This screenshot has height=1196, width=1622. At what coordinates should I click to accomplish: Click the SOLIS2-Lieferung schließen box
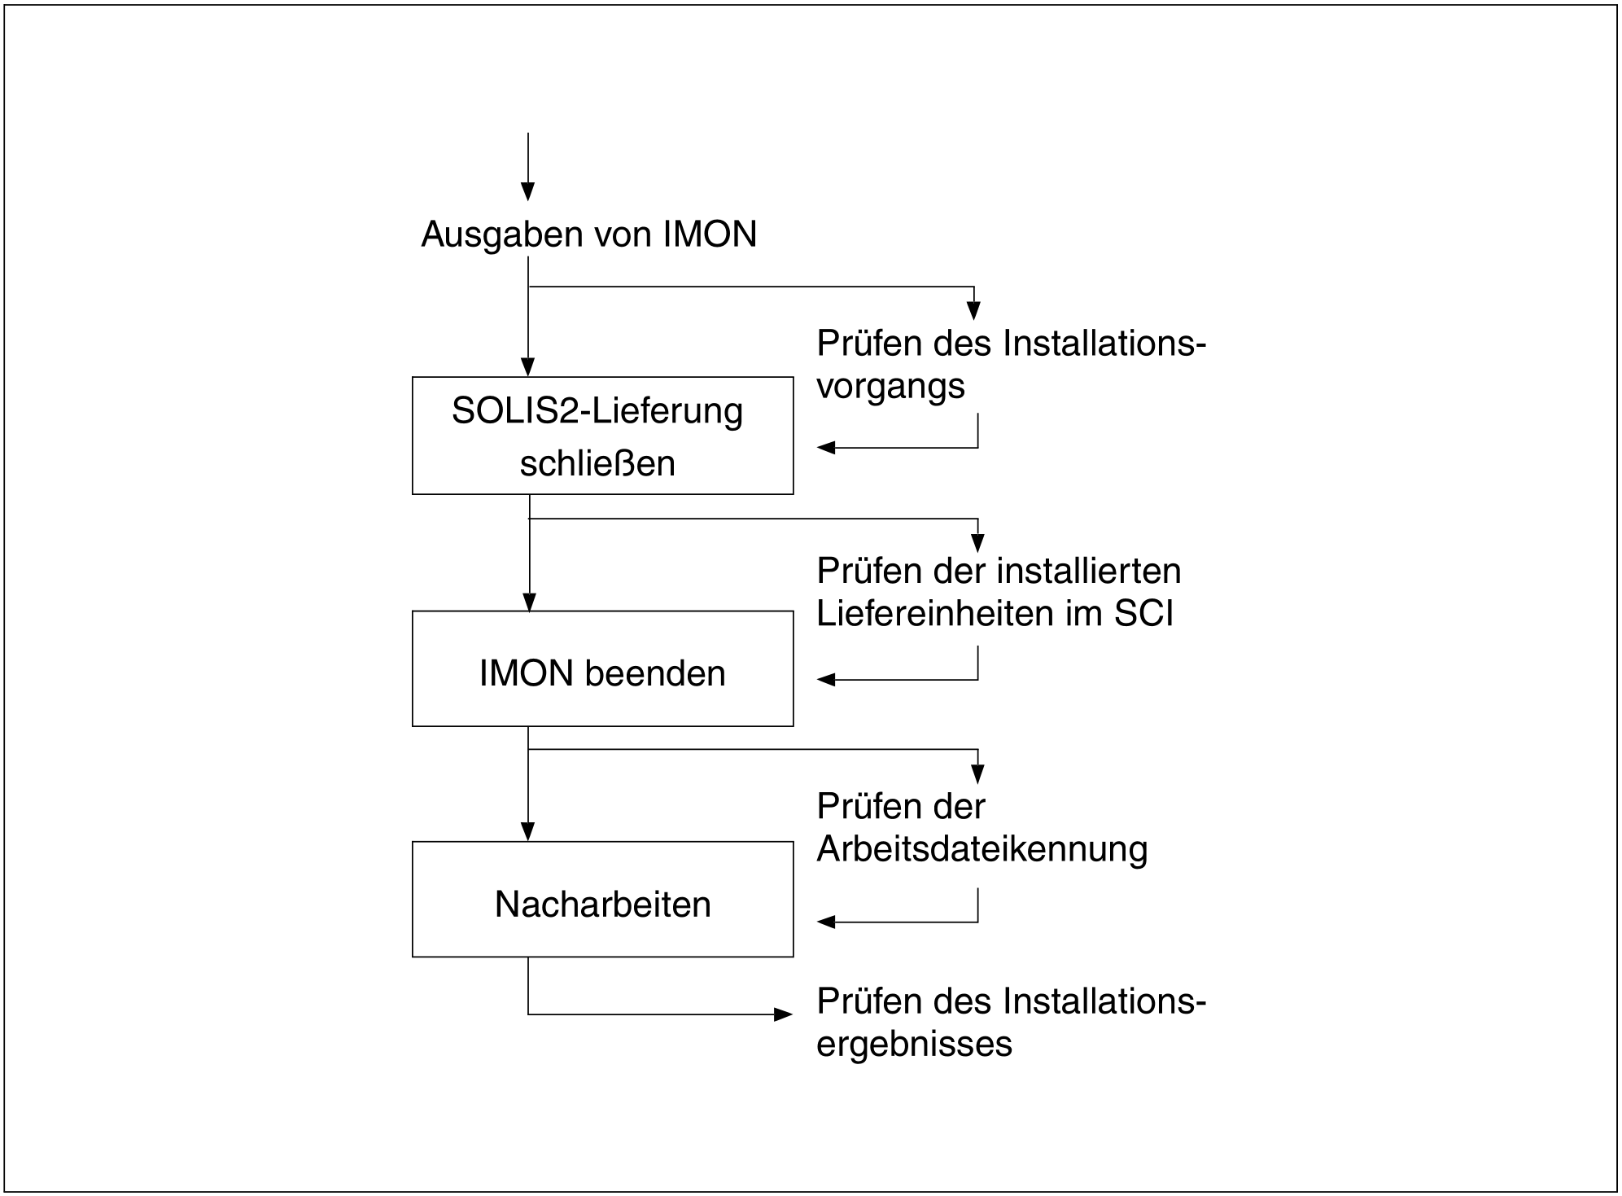click(602, 436)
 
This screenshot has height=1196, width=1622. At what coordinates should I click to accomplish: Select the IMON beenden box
click(602, 668)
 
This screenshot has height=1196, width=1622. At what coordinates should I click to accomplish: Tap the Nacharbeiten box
click(602, 899)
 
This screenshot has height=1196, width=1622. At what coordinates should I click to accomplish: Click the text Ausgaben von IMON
click(588, 234)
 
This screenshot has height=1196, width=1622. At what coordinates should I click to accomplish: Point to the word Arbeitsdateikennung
click(982, 849)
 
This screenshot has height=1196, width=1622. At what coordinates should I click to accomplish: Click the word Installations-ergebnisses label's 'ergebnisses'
click(914, 1044)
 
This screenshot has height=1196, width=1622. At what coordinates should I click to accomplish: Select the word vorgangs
click(890, 386)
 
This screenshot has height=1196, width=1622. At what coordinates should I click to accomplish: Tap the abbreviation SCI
click(1143, 613)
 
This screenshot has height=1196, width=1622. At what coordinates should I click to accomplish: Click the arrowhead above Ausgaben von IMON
click(528, 191)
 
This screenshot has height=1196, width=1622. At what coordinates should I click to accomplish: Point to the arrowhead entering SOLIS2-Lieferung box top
click(528, 367)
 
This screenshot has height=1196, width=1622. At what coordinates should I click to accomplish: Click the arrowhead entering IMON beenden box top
click(529, 602)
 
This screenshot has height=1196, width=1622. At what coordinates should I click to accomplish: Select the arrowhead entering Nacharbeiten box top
click(528, 832)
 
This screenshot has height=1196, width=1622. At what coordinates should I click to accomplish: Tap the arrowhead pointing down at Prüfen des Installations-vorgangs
click(973, 310)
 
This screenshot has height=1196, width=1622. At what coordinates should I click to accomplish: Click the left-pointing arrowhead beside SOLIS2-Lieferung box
click(827, 447)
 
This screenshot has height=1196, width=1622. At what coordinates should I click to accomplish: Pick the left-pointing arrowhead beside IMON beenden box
click(827, 679)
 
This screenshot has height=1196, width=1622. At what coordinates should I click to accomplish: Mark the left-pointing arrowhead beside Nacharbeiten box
click(827, 922)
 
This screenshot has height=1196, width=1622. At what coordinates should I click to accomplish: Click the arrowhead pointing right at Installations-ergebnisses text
click(783, 1014)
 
